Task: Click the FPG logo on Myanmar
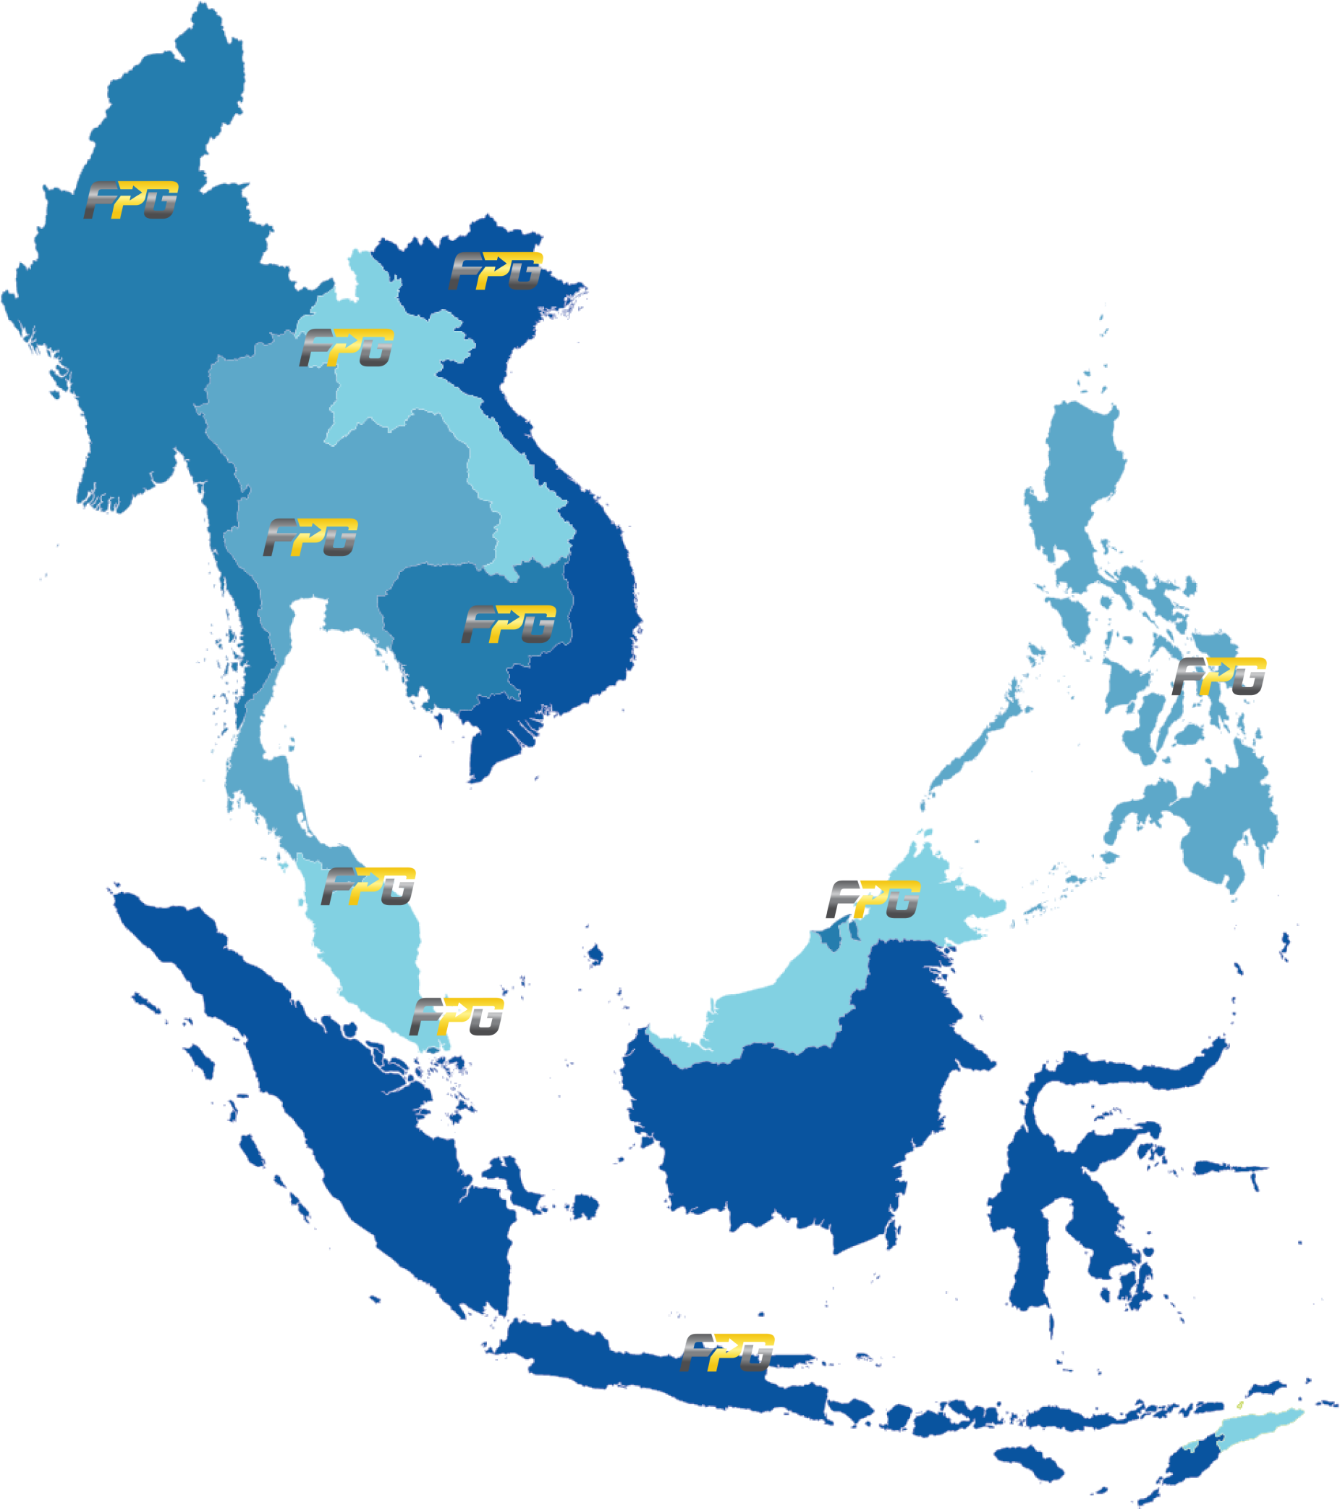pos(132,200)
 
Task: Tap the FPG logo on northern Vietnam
pos(496,271)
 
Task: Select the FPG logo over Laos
pos(346,348)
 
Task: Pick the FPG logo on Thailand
pos(310,537)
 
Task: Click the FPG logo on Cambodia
pos(509,625)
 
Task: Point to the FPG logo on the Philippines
pos(1220,676)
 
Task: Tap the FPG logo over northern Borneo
pos(873,900)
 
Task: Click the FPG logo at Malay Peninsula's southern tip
pos(457,1017)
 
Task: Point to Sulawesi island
pos(1048,1211)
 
